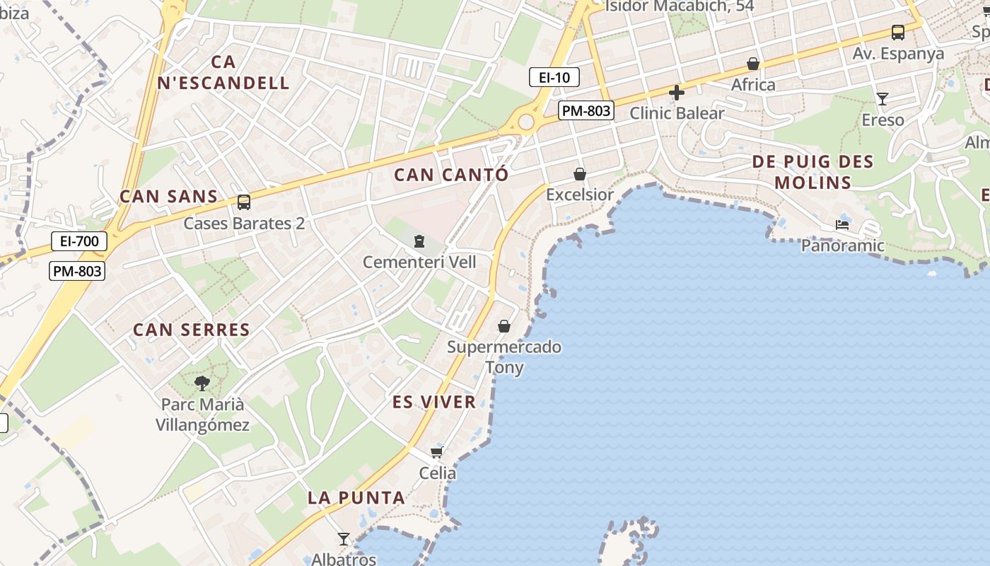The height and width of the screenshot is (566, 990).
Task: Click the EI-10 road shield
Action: point(554,77)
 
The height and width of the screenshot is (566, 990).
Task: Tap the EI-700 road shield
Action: point(79,241)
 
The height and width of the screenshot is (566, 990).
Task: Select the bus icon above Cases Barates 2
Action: point(244,202)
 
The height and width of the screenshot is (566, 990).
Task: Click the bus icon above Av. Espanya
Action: point(897,32)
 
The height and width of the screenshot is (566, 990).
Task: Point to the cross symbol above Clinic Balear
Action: point(677,92)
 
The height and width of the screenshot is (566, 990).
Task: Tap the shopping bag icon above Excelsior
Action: point(580,173)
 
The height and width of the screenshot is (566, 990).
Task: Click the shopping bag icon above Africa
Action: point(753,64)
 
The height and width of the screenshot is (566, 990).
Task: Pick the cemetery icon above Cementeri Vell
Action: point(419,242)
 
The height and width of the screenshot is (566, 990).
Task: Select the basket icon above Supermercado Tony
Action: point(504,326)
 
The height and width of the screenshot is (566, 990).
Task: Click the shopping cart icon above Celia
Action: point(437,452)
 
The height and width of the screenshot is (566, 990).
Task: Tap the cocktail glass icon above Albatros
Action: point(344,539)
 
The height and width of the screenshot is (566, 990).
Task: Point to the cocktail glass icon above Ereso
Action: point(883,98)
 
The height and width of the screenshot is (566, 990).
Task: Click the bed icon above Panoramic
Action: point(842,225)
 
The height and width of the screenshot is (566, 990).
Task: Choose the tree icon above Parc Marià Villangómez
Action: point(202,383)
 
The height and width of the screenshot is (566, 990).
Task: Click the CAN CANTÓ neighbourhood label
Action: point(451,175)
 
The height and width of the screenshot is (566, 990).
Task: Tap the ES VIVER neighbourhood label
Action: point(434,402)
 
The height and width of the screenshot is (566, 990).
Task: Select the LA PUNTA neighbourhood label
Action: point(356,497)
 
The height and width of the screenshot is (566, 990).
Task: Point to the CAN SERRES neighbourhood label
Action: point(192,330)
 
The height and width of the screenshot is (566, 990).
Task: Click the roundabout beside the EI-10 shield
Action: point(525,122)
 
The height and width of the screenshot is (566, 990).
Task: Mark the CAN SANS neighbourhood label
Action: point(168,196)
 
